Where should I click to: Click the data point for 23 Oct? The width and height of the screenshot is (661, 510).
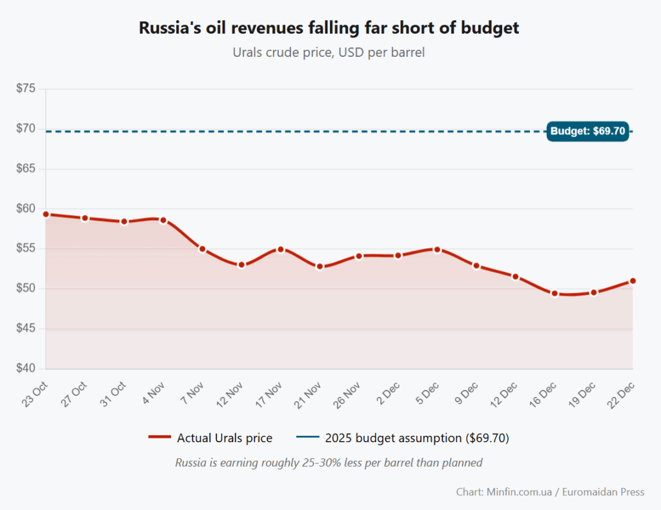pos(46,214)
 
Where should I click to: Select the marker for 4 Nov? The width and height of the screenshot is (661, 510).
pos(163,220)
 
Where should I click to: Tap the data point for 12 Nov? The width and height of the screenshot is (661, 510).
pos(241,265)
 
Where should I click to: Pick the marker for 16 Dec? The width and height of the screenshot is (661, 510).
pos(554,293)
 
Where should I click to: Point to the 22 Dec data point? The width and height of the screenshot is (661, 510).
pos(633,281)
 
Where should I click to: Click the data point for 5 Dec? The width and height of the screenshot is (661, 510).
pos(437,249)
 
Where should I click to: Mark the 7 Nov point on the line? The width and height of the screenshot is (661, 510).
pos(202,249)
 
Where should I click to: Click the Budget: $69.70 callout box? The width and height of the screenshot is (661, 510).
pos(587,132)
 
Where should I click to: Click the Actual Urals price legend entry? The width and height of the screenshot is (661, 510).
pos(210,438)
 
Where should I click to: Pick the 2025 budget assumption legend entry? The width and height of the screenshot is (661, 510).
pos(403,438)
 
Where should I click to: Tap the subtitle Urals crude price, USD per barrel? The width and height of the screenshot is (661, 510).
pos(329,52)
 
